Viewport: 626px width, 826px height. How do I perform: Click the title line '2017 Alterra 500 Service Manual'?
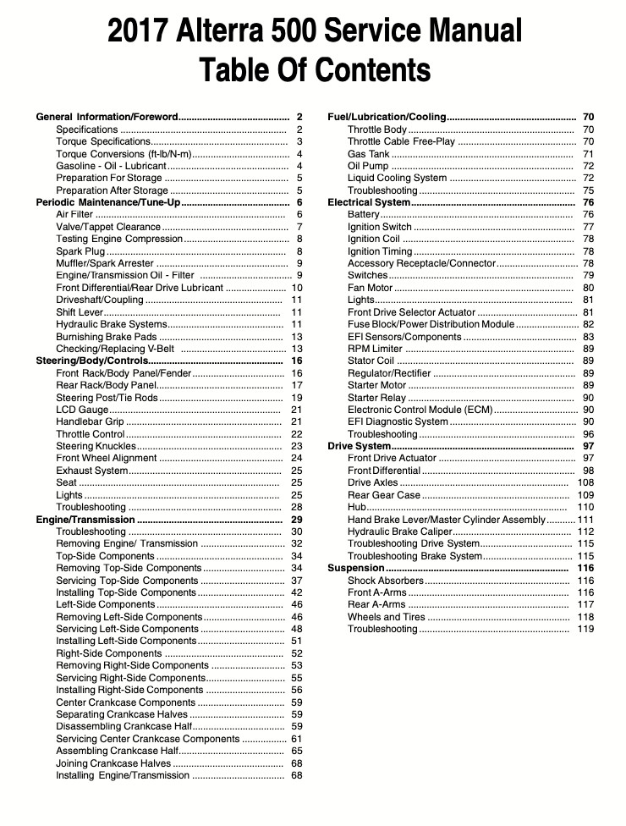[x=314, y=32]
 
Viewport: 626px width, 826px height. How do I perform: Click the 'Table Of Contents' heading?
[x=314, y=69]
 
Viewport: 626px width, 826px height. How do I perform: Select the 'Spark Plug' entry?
[x=80, y=251]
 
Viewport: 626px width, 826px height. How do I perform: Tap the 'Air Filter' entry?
[x=75, y=215]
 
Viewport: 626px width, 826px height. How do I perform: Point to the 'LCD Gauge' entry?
[x=82, y=410]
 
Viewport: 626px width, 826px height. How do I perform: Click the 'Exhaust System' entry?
[x=92, y=471]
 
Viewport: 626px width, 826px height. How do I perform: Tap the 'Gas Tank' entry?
[x=368, y=154]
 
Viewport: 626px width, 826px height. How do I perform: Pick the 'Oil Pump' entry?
[x=368, y=166]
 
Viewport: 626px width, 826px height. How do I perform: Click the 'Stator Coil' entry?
[x=371, y=361]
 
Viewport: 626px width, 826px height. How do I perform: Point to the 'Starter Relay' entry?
[x=376, y=398]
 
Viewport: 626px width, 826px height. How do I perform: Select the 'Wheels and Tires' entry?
[x=386, y=617]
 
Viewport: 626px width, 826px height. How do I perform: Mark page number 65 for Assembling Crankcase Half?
[x=296, y=751]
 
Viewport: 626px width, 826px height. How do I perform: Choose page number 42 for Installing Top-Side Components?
[x=296, y=592]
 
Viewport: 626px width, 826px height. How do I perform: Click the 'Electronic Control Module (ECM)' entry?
[x=420, y=410]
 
